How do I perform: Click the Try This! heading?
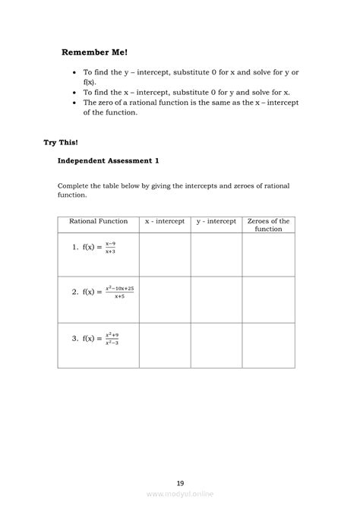tap(61, 141)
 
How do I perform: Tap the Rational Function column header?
tap(98, 221)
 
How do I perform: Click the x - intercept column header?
tap(165, 221)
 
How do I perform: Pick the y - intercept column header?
tap(216, 221)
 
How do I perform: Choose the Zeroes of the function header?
tap(268, 225)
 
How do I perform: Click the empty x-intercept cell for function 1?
tap(165, 254)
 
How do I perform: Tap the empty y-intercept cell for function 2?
tap(216, 299)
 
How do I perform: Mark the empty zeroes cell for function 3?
tap(268, 346)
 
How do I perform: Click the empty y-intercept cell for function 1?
tap(216, 254)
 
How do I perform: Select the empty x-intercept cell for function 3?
tap(165, 346)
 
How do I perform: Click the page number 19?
tap(180, 482)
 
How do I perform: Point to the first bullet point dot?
tap(72, 72)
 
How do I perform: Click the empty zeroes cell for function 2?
tap(268, 299)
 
